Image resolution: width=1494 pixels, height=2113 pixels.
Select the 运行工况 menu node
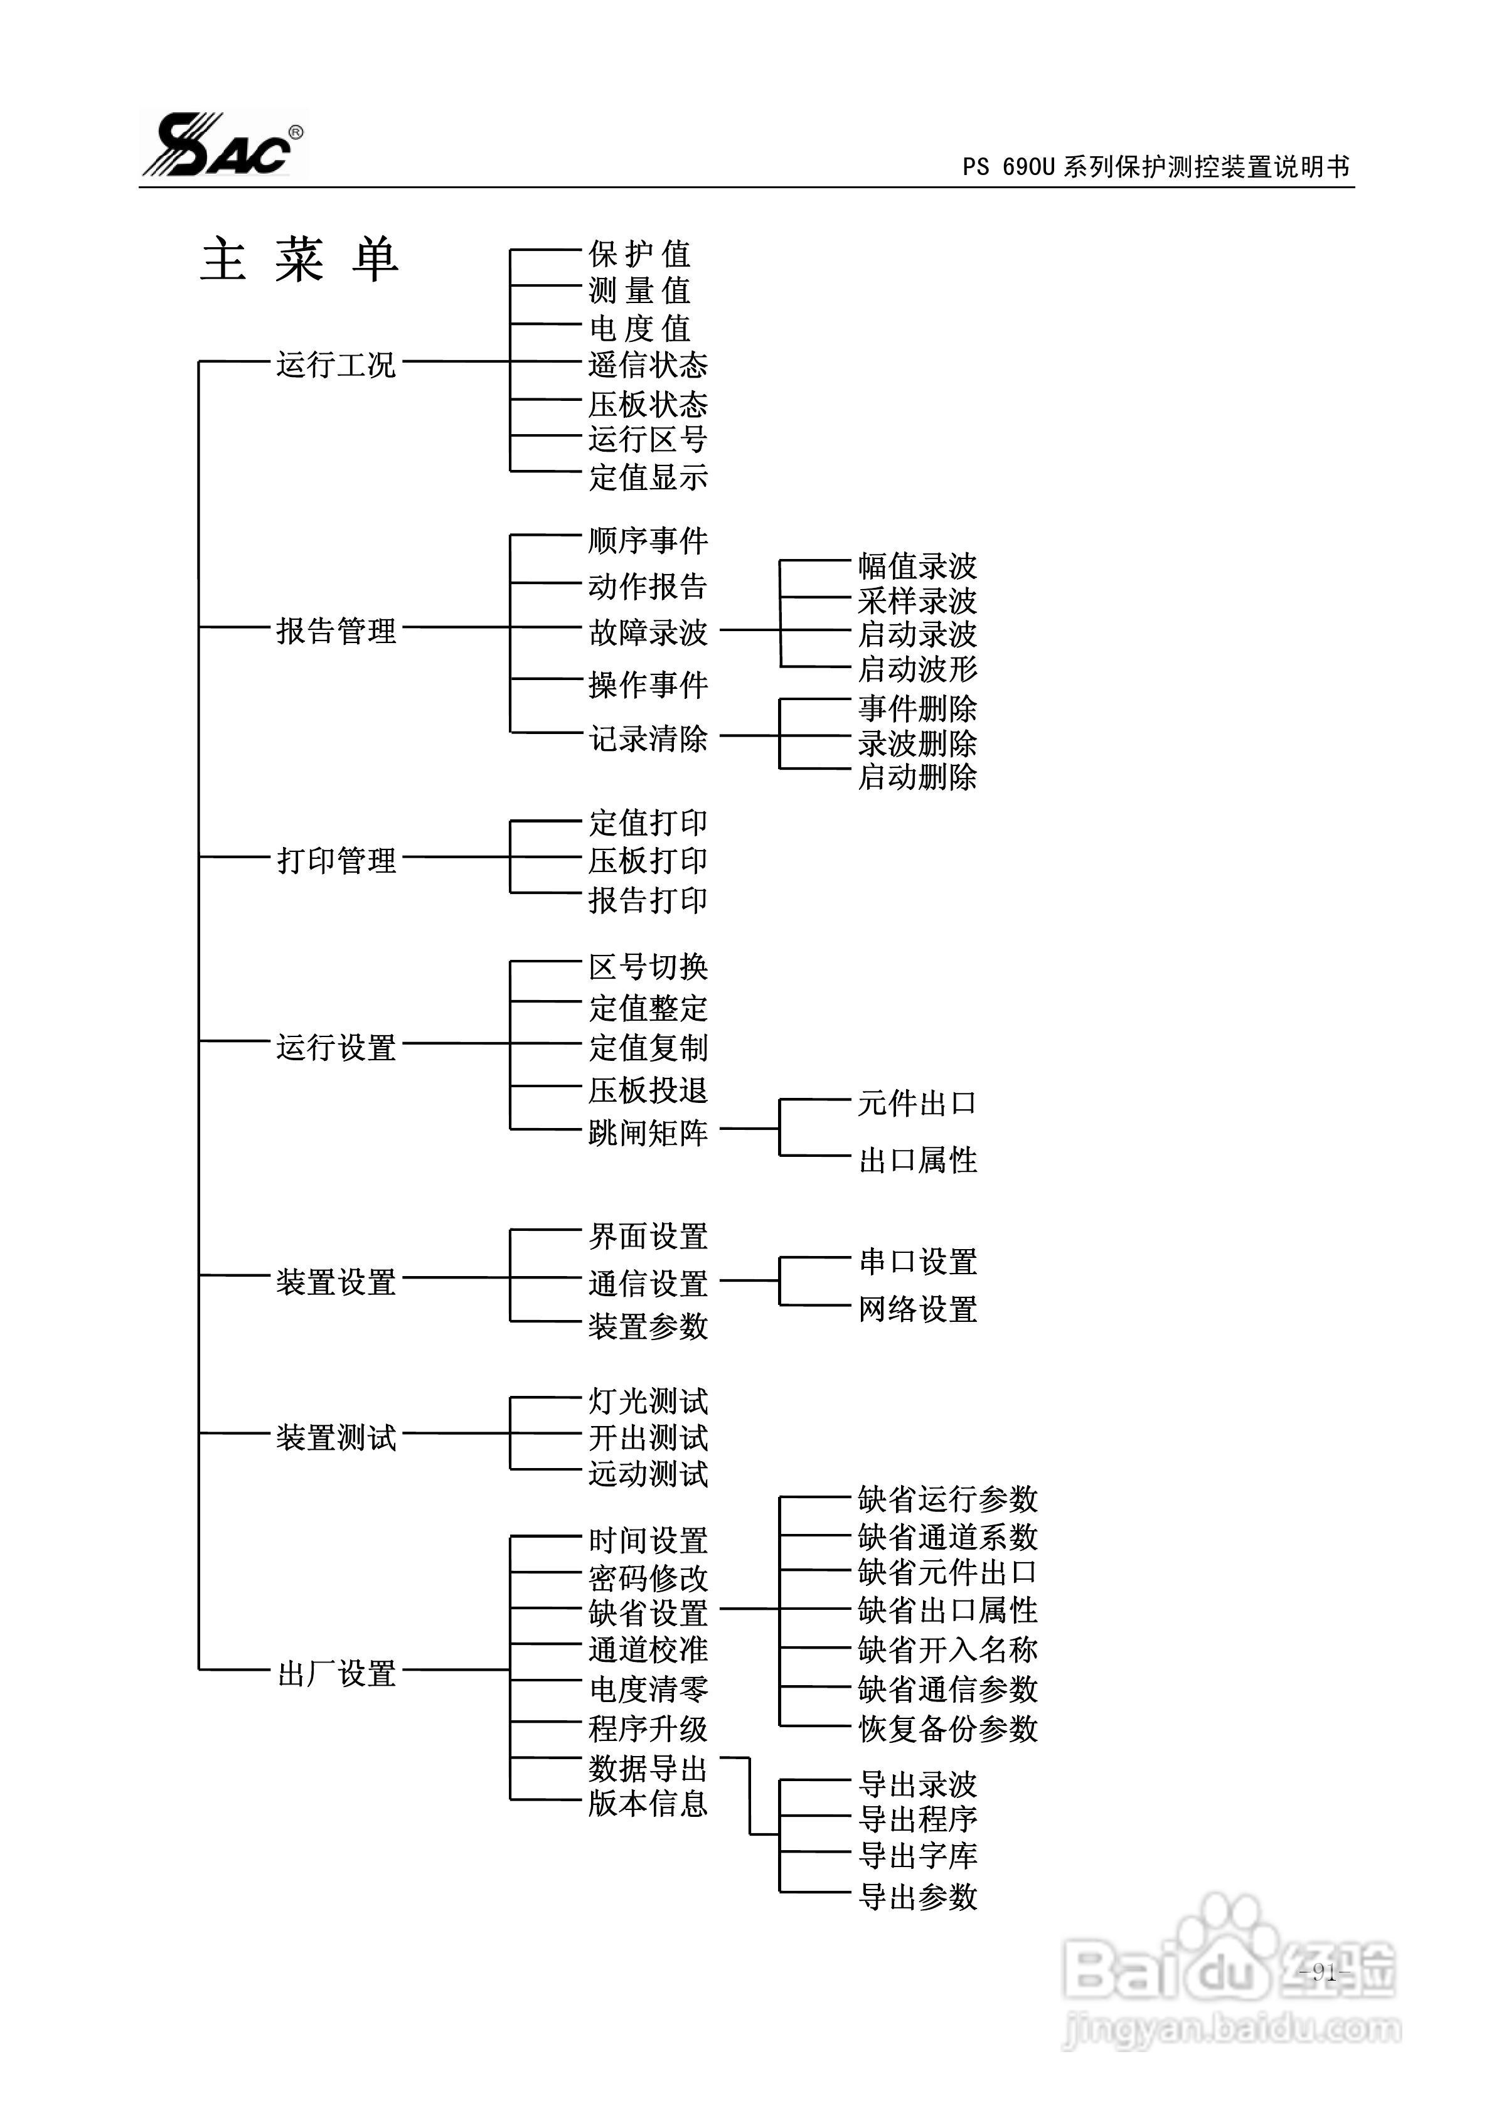[x=336, y=365]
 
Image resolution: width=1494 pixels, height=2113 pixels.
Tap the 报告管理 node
[x=336, y=631]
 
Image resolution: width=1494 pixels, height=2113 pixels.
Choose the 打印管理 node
[x=336, y=861]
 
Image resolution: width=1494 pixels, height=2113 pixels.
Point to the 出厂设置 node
[x=336, y=1673]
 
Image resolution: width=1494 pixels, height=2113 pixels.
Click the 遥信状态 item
[x=648, y=365]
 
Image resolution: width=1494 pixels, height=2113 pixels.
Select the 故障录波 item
[x=648, y=632]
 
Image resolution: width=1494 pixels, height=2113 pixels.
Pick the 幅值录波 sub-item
[x=917, y=565]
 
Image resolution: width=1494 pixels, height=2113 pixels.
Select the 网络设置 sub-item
[x=917, y=1309]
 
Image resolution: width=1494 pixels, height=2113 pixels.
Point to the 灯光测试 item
[x=648, y=1402]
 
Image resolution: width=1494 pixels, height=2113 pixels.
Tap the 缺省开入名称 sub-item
[x=947, y=1649]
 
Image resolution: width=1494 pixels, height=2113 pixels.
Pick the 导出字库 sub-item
[x=917, y=1855]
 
